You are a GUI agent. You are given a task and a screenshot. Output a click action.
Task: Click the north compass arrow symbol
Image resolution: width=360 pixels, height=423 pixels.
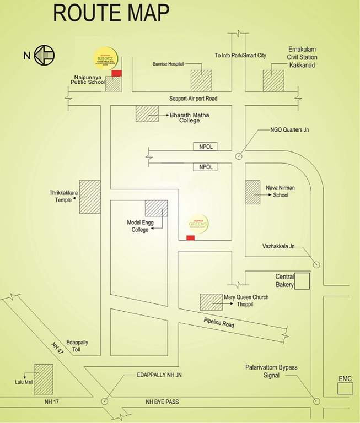pos(44,55)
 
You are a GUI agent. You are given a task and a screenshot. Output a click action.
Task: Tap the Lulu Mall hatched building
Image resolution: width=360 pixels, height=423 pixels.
pos(44,378)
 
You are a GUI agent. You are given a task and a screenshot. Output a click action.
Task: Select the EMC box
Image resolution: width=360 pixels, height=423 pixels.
pos(346,388)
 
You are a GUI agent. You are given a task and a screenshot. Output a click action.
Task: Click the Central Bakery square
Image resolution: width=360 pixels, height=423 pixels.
pos(302,281)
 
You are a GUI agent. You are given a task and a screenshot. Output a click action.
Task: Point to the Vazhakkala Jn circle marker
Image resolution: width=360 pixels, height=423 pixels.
pos(316,264)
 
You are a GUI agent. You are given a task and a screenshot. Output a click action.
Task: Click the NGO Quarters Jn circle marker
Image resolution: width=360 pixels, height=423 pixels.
pos(238,156)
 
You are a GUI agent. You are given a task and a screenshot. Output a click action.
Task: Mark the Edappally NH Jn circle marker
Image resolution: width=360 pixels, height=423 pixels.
pos(105,402)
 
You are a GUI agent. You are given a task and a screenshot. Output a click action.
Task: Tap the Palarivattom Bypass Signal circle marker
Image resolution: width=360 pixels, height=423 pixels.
pos(316,402)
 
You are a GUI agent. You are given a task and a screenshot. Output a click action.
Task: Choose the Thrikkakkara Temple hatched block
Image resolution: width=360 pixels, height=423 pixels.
pos(90,197)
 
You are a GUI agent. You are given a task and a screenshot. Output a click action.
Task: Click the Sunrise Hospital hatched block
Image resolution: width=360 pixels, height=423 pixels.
pos(201,80)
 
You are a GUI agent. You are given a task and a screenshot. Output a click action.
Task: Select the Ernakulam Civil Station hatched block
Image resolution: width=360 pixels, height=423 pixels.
pos(273,80)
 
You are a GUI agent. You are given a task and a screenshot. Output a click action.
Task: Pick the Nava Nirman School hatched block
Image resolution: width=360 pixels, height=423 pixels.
pos(252,192)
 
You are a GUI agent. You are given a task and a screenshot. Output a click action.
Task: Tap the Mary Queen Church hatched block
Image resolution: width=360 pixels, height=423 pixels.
pos(211,302)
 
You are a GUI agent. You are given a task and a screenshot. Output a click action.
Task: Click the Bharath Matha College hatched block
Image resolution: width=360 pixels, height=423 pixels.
pos(147,114)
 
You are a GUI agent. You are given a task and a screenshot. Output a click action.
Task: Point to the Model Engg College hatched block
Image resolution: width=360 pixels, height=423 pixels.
pos(156,208)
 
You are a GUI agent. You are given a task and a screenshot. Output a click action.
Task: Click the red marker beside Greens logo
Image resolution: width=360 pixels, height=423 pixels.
pos(190,237)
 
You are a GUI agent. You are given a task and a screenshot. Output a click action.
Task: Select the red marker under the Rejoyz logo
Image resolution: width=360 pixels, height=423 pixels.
pos(117,73)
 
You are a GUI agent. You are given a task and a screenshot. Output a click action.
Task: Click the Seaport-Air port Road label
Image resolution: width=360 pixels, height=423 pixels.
pos(194,99)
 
